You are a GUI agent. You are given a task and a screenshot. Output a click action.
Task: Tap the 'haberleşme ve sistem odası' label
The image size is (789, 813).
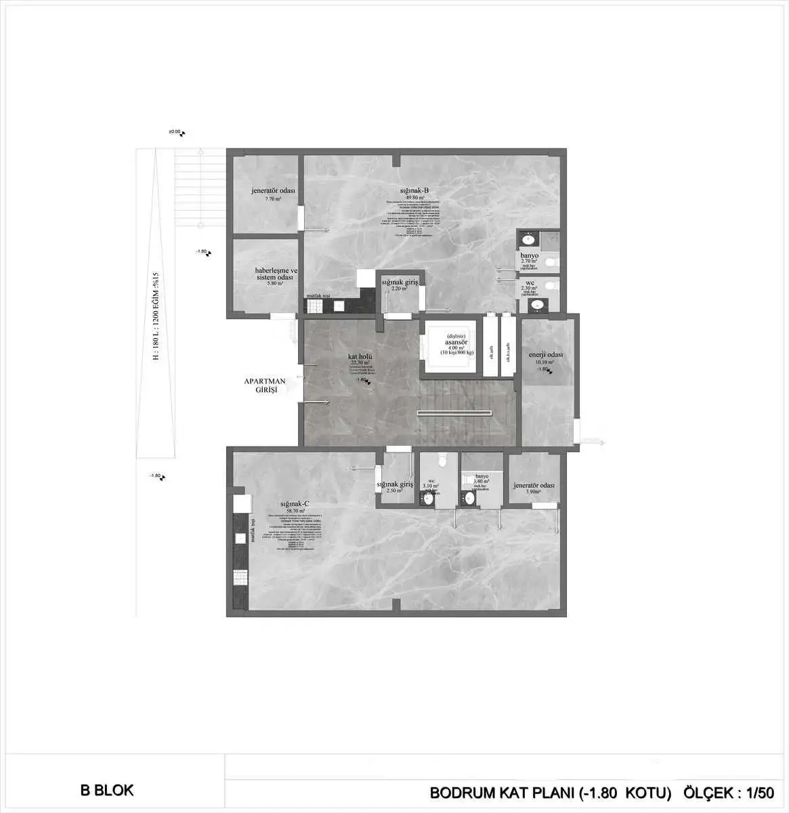click(275, 274)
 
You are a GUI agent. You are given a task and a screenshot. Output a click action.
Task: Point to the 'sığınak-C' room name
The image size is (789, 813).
click(296, 503)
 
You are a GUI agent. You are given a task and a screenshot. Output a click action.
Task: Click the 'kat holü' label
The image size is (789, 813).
click(360, 356)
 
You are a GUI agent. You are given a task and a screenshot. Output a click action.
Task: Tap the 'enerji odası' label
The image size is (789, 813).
click(546, 355)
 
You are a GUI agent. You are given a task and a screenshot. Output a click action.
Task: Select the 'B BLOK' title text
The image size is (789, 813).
click(107, 790)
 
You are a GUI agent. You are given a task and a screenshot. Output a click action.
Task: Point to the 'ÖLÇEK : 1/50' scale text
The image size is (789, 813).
click(728, 792)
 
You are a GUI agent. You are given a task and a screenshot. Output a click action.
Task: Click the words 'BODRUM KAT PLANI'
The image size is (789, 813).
click(501, 792)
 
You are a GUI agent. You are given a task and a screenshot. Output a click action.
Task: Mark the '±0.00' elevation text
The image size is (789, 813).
click(175, 132)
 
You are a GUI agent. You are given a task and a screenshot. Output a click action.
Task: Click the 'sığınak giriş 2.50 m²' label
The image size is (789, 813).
click(395, 487)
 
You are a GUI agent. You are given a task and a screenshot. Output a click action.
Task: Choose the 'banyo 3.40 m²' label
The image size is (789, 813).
click(482, 479)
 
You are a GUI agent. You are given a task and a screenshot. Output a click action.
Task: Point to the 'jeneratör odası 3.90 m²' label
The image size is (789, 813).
click(534, 488)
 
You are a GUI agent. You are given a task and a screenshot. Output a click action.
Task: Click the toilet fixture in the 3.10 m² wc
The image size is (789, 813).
click(441, 460)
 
